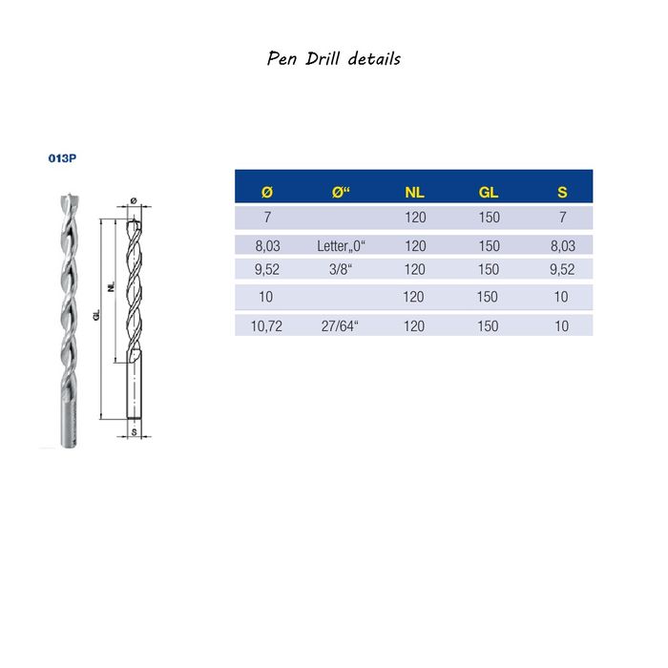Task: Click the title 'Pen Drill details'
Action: click(x=333, y=59)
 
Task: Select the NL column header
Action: click(x=415, y=193)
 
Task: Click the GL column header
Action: click(x=489, y=193)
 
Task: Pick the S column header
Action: click(x=562, y=193)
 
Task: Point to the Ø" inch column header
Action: click(x=342, y=193)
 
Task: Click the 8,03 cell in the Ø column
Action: click(x=266, y=245)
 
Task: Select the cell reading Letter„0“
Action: click(x=342, y=245)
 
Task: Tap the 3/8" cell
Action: click(x=342, y=269)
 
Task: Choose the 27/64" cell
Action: click(x=342, y=326)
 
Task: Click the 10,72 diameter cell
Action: click(x=266, y=326)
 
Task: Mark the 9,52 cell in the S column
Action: click(x=562, y=269)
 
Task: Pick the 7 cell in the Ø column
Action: click(x=266, y=218)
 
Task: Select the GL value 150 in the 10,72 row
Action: click(x=489, y=326)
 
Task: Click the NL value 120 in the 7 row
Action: click(x=415, y=218)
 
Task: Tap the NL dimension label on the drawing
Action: click(x=112, y=286)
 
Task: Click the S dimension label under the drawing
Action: click(x=135, y=433)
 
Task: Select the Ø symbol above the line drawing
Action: click(x=134, y=199)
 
